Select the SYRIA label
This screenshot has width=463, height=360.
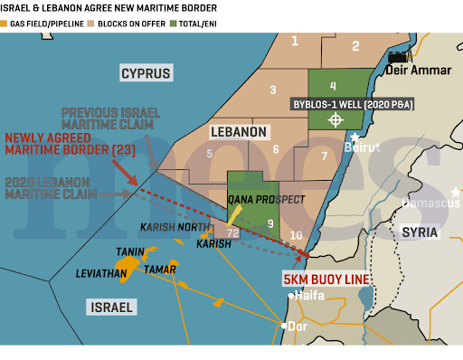tap(419, 232)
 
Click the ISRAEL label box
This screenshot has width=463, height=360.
tap(111, 308)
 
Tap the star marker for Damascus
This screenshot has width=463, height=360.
tap(458, 192)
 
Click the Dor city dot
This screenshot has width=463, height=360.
tap(284, 326)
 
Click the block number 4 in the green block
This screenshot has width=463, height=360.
tap(333, 86)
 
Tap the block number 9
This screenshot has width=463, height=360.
tap(269, 223)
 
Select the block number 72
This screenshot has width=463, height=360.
tap(232, 233)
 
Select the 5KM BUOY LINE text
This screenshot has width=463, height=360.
tap(326, 279)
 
